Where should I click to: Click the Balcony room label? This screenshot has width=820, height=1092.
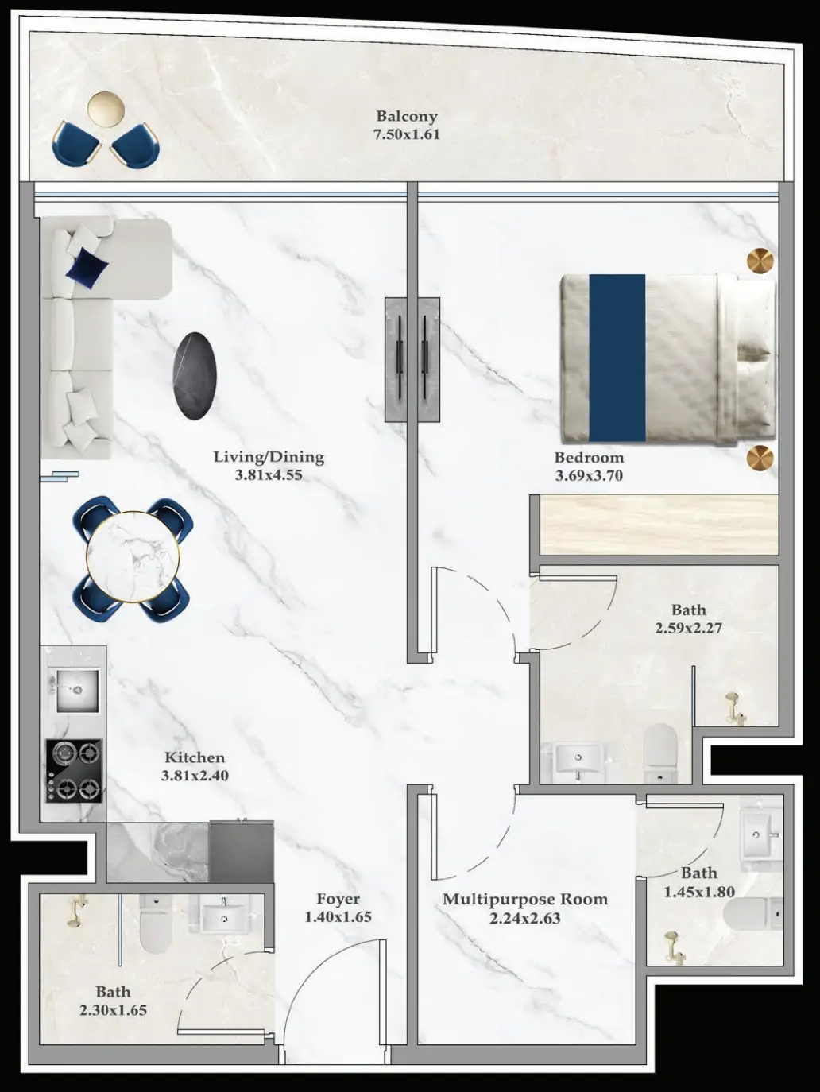click(x=407, y=116)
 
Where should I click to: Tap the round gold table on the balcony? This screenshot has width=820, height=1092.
click(x=106, y=110)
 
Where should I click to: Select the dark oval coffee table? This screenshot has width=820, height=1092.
click(x=195, y=376)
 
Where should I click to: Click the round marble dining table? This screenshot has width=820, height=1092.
click(x=133, y=557)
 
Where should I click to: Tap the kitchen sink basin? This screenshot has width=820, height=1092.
click(x=77, y=691)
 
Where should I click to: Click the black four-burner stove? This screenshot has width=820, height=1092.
click(x=74, y=771)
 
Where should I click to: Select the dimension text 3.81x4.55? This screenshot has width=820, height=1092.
click(x=269, y=475)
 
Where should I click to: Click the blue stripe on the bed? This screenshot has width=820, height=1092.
click(x=617, y=358)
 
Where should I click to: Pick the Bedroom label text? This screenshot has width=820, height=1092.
click(x=589, y=457)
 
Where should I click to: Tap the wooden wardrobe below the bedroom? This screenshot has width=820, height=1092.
click(x=659, y=525)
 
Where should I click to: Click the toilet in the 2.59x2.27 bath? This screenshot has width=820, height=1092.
click(x=660, y=753)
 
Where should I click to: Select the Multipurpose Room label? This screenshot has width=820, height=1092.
click(x=525, y=900)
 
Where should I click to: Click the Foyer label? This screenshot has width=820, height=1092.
click(x=338, y=899)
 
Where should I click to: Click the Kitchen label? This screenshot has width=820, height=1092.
click(x=195, y=757)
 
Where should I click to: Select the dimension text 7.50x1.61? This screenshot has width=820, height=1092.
click(x=407, y=134)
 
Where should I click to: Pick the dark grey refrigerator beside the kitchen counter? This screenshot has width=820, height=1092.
click(x=242, y=852)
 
